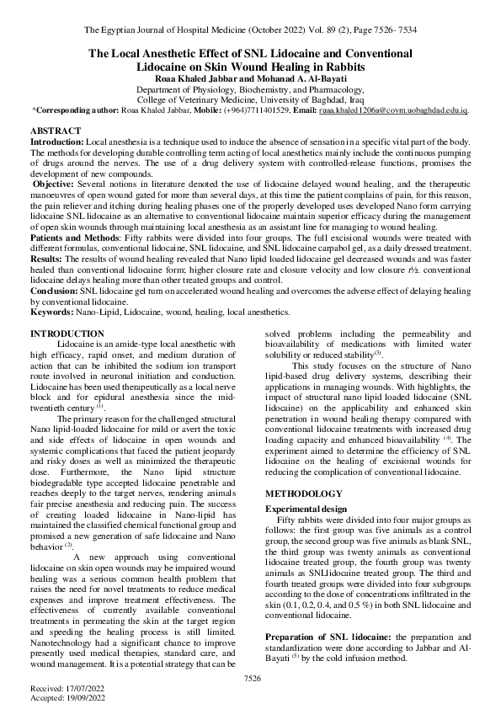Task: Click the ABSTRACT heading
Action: [56, 133]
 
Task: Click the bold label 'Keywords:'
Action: [51, 312]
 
